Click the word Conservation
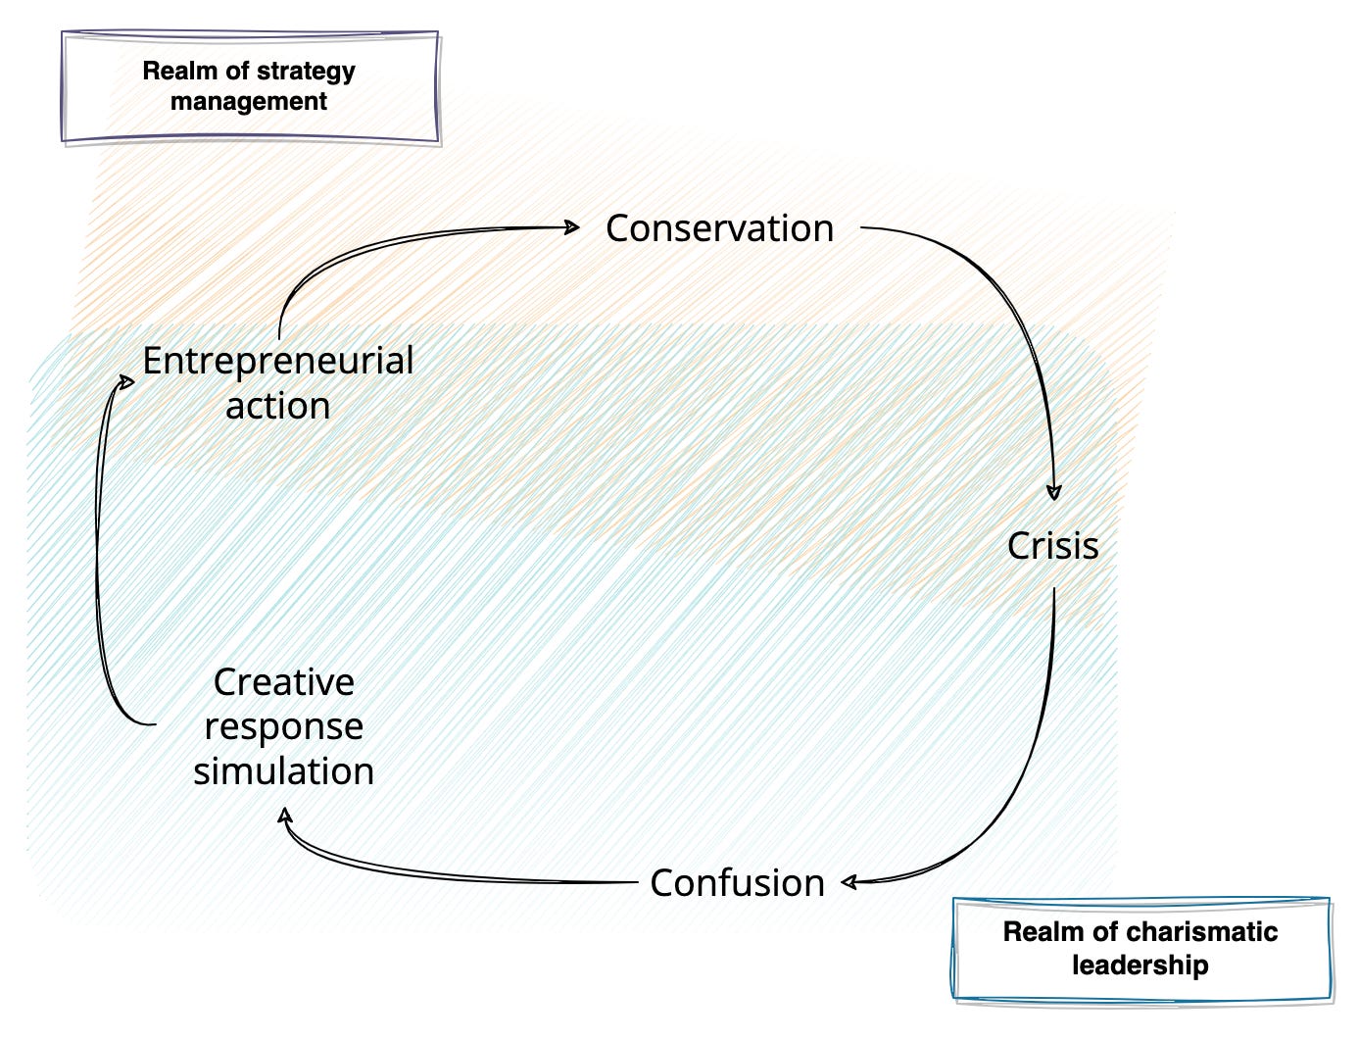click(x=719, y=228)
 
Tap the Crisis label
click(x=1052, y=546)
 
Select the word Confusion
click(x=737, y=883)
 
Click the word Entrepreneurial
click(x=278, y=361)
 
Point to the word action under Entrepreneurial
click(x=278, y=406)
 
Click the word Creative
click(x=283, y=682)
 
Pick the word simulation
click(x=283, y=771)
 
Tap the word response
click(x=283, y=726)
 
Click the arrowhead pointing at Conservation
click(x=573, y=227)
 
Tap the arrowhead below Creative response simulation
click(x=285, y=817)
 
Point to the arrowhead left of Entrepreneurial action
click(x=126, y=381)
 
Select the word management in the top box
click(x=249, y=102)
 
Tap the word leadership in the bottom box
click(x=1140, y=966)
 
